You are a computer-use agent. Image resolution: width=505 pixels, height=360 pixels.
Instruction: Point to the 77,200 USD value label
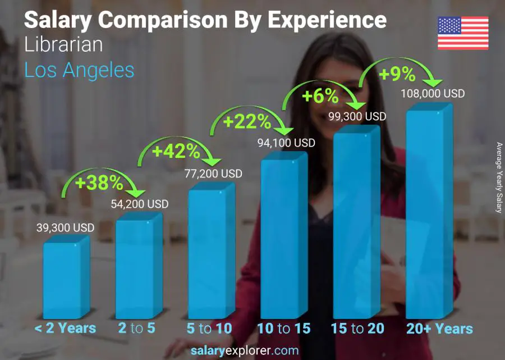pos(213,174)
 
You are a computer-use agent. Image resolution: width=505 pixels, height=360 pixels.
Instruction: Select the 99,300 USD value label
pos(357,117)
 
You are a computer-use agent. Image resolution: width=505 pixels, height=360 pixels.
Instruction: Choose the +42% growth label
pos(176,151)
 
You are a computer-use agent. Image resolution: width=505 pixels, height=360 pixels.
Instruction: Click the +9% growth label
pos(397,74)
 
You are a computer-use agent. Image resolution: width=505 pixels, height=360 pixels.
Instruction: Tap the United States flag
pos(463,33)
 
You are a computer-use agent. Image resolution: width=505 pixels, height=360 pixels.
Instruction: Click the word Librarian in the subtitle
pos(63,45)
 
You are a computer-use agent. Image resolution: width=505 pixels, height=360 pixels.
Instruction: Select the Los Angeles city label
pos(79,70)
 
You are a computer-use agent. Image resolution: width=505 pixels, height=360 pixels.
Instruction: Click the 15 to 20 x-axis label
pos(357,329)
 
